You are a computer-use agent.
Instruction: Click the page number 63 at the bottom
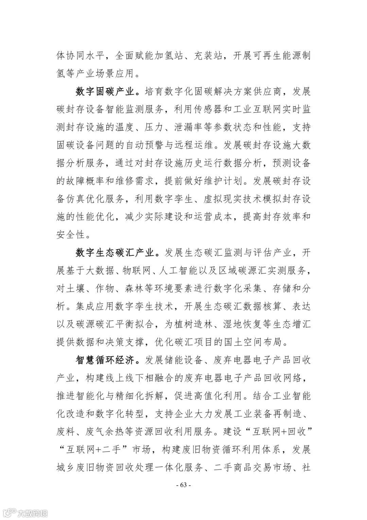(183, 485)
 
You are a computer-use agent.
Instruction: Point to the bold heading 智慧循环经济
(107, 360)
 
